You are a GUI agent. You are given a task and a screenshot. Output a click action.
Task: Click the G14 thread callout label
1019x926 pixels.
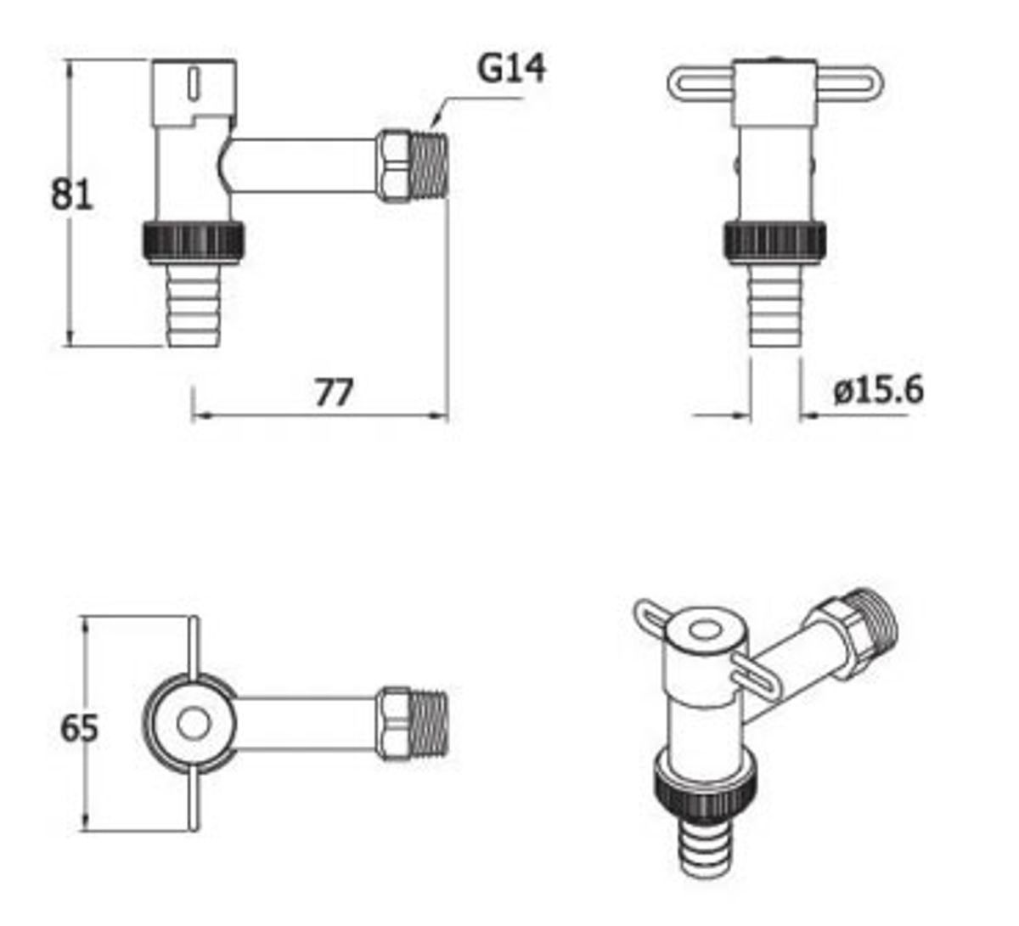pos(511,68)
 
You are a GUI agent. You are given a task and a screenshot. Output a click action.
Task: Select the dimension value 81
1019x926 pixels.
pos(71,195)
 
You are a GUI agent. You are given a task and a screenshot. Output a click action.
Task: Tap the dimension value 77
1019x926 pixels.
pos(333,392)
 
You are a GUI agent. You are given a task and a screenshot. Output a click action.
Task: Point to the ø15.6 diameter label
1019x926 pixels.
pos(878,390)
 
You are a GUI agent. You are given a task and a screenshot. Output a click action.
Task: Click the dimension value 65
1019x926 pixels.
pos(79,728)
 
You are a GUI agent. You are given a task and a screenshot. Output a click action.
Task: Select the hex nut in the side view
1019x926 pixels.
pos(394,166)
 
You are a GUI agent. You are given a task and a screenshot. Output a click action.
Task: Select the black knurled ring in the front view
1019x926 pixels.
pos(775,241)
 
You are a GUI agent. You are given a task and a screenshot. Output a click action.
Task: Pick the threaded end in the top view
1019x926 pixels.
pos(429,722)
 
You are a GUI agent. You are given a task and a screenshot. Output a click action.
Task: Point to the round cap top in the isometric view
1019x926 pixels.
pos(704,631)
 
